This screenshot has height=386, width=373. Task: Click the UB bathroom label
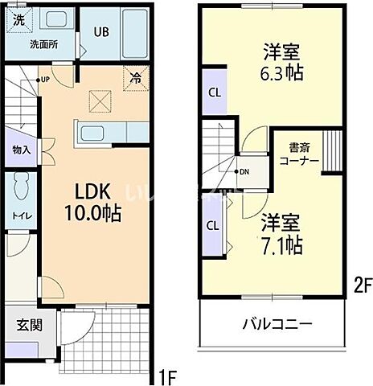[100, 32]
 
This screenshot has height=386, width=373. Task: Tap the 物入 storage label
[21, 150]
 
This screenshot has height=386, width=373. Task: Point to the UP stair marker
[43, 79]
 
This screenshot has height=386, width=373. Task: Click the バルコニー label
[278, 325]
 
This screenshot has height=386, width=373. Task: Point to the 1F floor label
[166, 375]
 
